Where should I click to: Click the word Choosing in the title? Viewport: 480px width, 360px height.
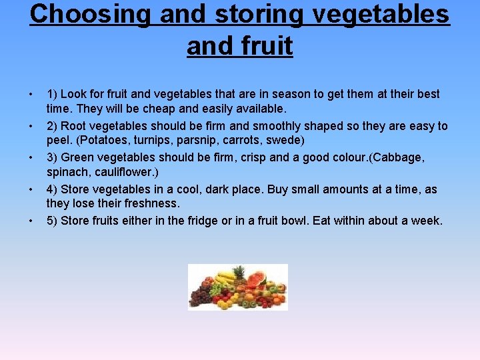pos(90,15)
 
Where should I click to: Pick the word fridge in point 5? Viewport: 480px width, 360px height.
pos(208,221)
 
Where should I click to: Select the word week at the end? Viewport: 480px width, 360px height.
pos(426,221)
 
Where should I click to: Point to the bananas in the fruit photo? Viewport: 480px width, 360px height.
pos(227,275)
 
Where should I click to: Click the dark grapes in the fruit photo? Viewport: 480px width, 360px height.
pos(199,295)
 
